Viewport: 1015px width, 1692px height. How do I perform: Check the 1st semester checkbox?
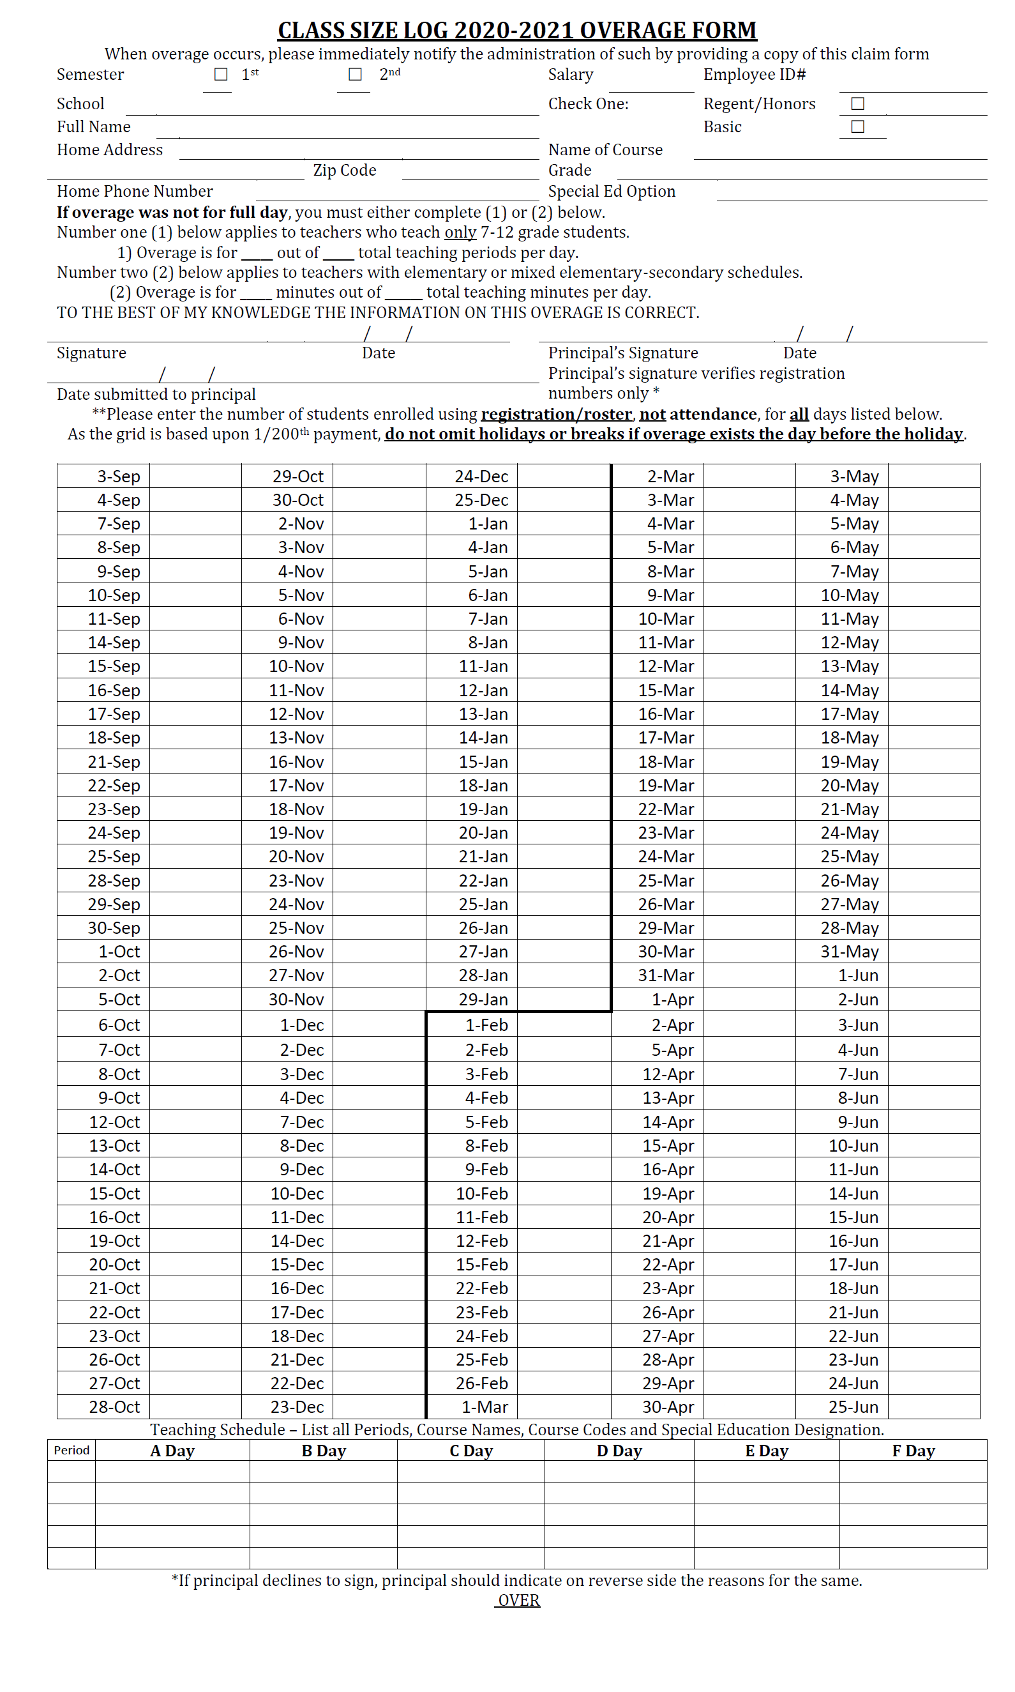[221, 75]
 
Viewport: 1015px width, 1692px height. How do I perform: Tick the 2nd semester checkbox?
[355, 75]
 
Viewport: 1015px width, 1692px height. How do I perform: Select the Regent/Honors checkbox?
[858, 104]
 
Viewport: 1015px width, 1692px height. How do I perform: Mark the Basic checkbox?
[858, 127]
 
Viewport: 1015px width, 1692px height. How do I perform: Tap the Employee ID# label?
[755, 75]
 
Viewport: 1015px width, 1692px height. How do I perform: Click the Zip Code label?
[345, 171]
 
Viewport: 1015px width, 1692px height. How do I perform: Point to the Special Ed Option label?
[612, 192]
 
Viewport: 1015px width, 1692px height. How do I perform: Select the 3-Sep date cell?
[117, 477]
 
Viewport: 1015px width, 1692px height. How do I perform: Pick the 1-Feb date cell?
[486, 1025]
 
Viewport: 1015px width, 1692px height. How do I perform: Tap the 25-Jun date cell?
[853, 1406]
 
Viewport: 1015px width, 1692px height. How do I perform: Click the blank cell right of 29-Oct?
[379, 477]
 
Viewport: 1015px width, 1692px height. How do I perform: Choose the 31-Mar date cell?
[665, 975]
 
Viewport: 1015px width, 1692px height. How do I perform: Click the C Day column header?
[470, 1451]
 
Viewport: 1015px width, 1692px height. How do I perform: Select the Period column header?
[71, 1451]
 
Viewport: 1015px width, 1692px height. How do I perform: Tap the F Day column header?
[912, 1451]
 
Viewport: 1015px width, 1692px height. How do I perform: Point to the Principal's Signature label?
[622, 353]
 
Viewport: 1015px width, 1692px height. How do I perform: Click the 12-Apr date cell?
[668, 1074]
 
